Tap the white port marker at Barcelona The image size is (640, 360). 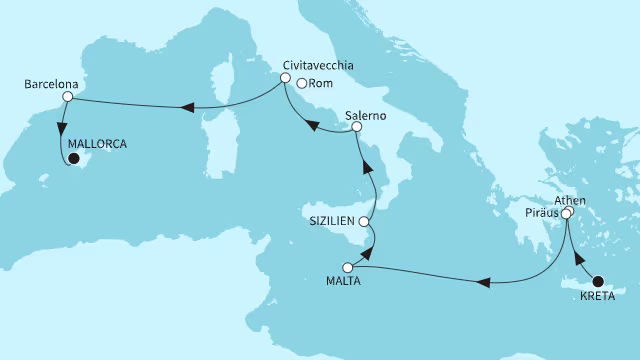(68, 98)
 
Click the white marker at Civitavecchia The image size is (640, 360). (285, 78)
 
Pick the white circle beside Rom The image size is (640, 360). (301, 84)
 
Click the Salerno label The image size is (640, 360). (365, 116)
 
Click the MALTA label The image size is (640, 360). (343, 281)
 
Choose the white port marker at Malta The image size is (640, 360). (348, 267)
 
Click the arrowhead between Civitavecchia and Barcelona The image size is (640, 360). (186, 108)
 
